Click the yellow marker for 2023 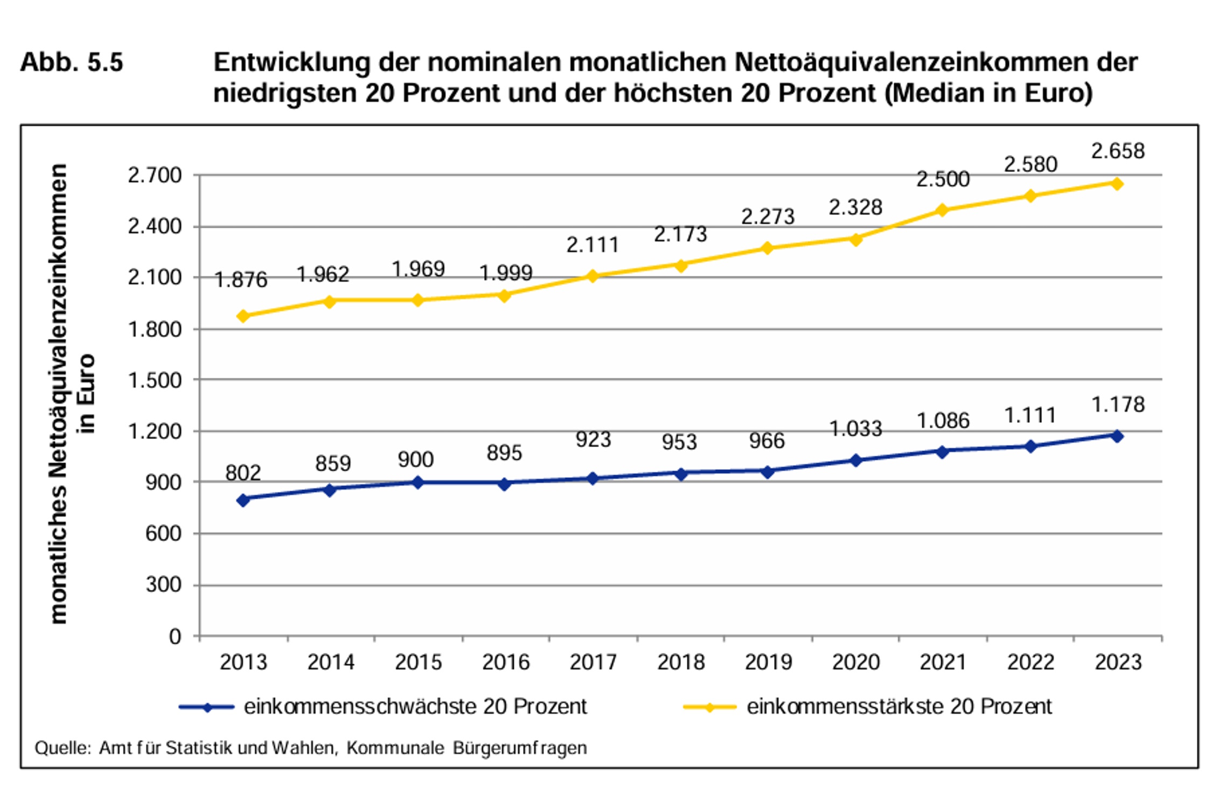[x=1117, y=184]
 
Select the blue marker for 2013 [x=243, y=500]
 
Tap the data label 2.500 [x=943, y=179]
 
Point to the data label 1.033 [x=855, y=429]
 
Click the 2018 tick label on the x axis [x=680, y=662]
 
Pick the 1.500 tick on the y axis [x=155, y=380]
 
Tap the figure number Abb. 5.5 [x=72, y=62]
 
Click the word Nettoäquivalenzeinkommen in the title [x=936, y=62]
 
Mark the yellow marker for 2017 [x=593, y=276]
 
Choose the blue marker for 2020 [x=855, y=460]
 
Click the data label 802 [x=243, y=473]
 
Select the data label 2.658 [x=1118, y=151]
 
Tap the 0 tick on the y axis [x=175, y=637]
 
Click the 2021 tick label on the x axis [x=943, y=662]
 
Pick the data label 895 [x=504, y=453]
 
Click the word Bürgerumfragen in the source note [x=520, y=748]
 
